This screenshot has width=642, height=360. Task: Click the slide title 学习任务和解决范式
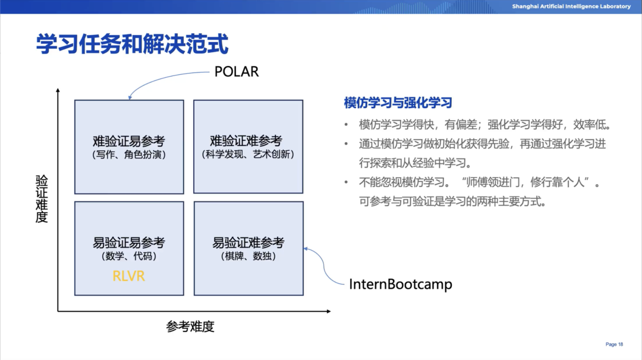(x=132, y=45)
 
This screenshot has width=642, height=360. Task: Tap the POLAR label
(x=237, y=72)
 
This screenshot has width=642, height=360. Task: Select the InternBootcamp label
(x=400, y=285)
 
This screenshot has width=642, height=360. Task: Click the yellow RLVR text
(x=129, y=276)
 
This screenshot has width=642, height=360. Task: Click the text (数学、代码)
(x=129, y=257)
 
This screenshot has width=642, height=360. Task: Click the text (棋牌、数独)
(x=248, y=257)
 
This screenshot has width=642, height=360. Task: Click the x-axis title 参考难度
(x=190, y=326)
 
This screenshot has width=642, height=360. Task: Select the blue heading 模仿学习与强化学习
(x=398, y=103)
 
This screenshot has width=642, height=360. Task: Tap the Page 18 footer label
(x=614, y=345)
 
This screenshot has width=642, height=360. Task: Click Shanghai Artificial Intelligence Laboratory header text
(x=571, y=7)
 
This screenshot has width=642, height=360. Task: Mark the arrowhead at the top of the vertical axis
(x=58, y=90)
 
